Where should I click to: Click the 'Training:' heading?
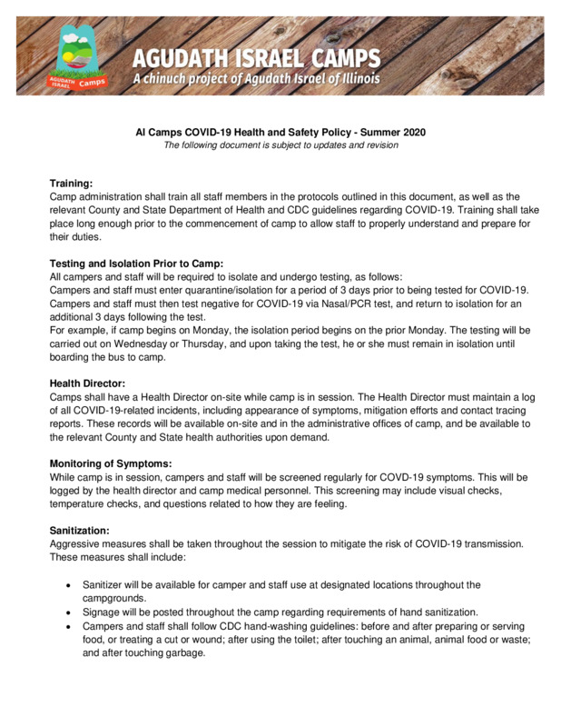pos(71,184)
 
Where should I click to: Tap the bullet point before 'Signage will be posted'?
pos(69,612)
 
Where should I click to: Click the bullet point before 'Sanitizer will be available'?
pos(69,586)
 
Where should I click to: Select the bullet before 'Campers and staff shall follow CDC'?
pos(69,627)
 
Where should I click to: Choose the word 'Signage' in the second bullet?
pos(103,612)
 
